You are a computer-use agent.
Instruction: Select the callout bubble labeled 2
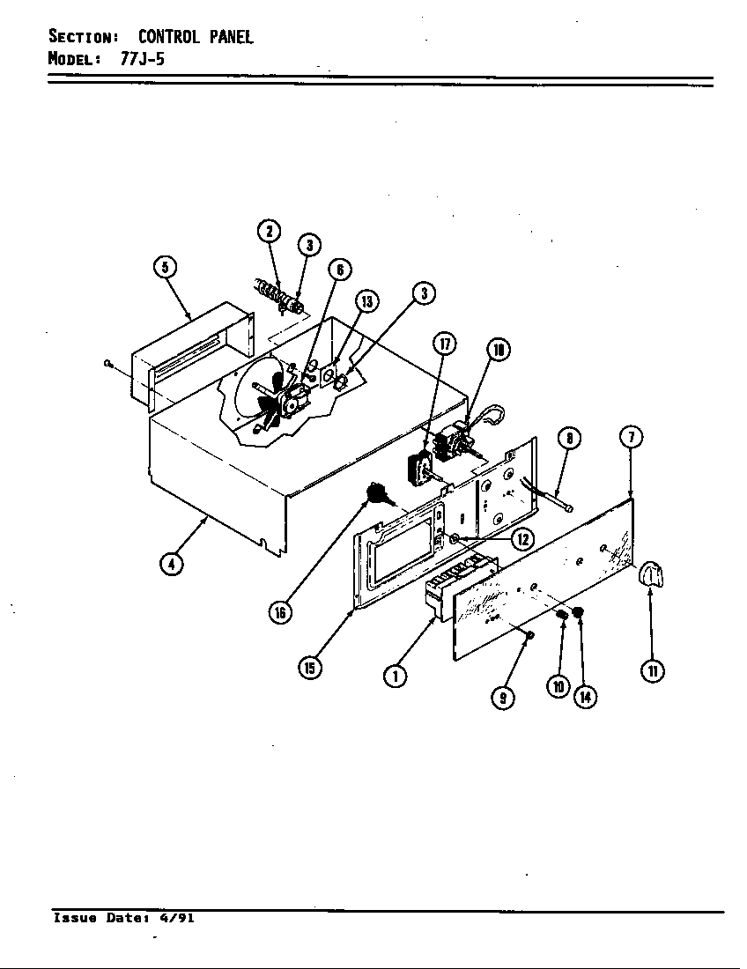pyautogui.click(x=270, y=232)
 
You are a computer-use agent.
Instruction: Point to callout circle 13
pyautogui.click(x=366, y=302)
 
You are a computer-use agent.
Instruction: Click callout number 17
pyautogui.click(x=444, y=344)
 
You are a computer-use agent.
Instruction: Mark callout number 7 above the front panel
pyautogui.click(x=631, y=437)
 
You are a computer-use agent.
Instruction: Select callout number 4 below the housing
pyautogui.click(x=172, y=565)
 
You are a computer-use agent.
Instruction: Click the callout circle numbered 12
pyautogui.click(x=522, y=538)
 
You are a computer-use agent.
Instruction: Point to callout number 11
pyautogui.click(x=652, y=670)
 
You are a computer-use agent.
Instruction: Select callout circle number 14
pyautogui.click(x=585, y=697)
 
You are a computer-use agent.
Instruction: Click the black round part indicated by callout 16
pyautogui.click(x=378, y=494)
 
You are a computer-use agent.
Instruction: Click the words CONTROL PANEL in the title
pyautogui.click(x=196, y=37)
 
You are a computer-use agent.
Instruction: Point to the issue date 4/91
pyautogui.click(x=176, y=918)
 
